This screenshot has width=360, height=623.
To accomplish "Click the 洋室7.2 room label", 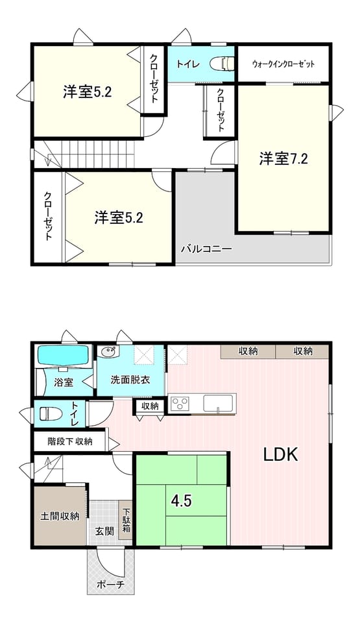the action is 283,159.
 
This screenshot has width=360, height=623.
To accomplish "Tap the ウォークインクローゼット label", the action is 283,64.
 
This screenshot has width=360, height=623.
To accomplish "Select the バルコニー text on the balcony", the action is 207,249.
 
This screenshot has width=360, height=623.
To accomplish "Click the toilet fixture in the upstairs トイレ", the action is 222,64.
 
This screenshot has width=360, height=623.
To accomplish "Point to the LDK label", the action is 281,454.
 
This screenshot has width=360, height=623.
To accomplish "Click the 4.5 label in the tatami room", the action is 182,501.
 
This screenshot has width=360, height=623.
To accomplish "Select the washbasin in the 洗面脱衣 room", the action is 108,352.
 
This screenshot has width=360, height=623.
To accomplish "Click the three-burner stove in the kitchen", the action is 180,404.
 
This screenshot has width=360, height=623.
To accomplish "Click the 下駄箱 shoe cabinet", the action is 126,519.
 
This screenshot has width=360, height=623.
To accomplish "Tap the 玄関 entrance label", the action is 104,531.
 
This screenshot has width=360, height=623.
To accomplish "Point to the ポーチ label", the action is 111,585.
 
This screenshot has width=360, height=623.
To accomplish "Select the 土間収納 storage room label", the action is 60,516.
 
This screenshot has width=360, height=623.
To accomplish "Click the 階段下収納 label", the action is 70,441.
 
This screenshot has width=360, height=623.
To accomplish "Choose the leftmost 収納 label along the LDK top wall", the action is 248,351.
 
